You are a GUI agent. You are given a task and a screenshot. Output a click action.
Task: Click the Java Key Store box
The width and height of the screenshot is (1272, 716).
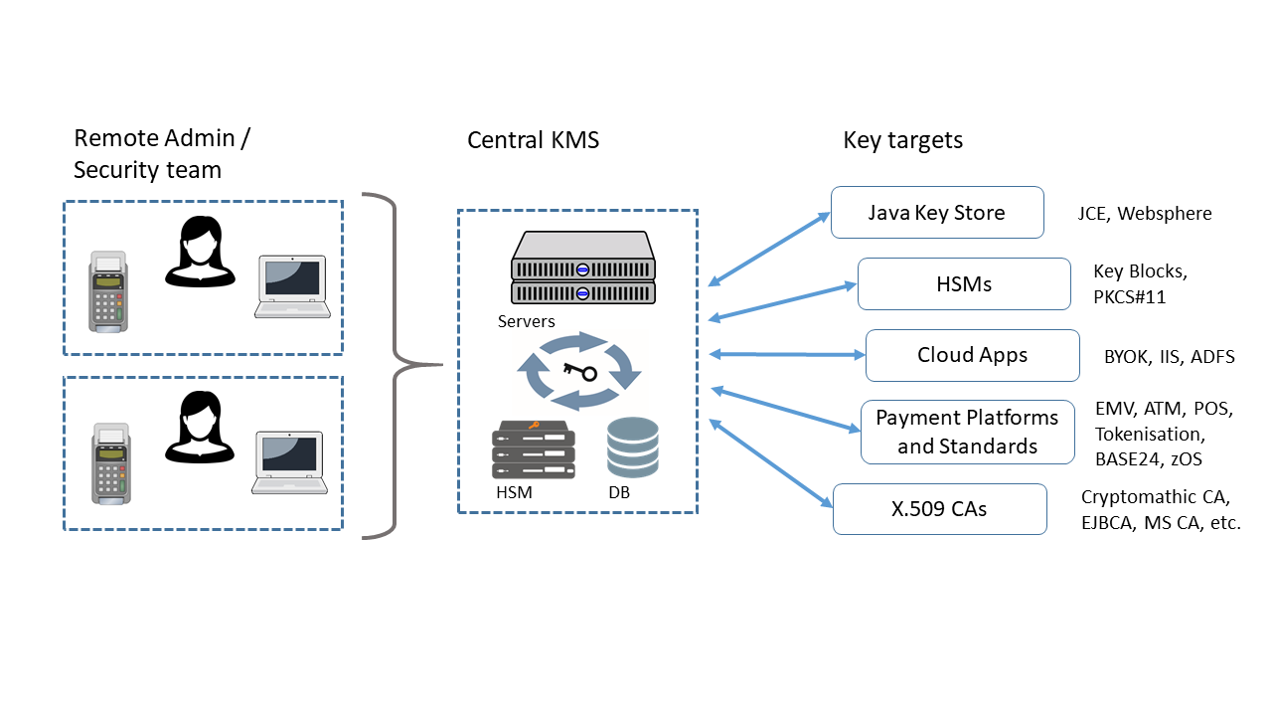[936, 213]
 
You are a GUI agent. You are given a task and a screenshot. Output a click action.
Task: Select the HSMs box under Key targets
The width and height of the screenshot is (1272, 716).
[963, 284]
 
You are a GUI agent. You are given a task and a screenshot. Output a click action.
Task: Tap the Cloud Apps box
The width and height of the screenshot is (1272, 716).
[972, 355]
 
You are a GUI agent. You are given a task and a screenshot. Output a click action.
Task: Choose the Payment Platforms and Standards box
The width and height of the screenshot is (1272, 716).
[967, 432]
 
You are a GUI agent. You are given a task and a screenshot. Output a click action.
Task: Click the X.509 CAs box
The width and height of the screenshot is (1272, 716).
[939, 509]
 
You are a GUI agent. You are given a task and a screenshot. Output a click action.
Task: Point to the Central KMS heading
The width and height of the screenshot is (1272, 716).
[533, 140]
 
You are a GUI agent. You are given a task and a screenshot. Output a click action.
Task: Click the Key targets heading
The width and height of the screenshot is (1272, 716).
[902, 140]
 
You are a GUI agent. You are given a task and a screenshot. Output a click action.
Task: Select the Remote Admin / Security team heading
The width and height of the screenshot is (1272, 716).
[161, 154]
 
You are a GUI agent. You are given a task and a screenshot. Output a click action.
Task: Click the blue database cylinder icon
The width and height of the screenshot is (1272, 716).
[633, 447]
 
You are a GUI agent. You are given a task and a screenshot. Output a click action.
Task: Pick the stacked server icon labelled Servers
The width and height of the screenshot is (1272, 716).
[583, 268]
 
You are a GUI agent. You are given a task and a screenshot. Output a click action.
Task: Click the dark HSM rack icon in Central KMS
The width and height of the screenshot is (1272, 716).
[534, 449]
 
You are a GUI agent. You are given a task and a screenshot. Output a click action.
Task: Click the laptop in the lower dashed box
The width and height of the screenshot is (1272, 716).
[290, 462]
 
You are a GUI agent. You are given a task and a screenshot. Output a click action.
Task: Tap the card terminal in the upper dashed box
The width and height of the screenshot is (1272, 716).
[108, 290]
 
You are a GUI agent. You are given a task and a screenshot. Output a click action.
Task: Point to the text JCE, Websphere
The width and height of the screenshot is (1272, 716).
[1144, 214]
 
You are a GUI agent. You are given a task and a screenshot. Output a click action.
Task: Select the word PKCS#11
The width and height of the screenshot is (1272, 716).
[1131, 295]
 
